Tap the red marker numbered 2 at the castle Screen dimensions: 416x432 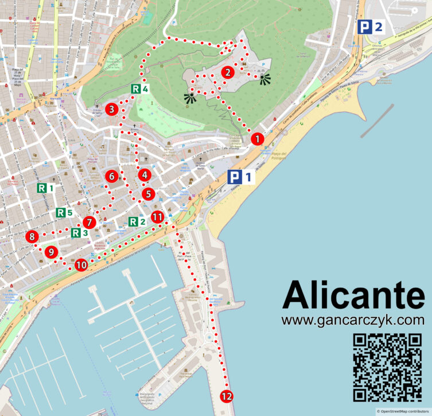pyautogui.click(x=228, y=72)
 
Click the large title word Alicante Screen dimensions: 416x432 pyautogui.click(x=353, y=296)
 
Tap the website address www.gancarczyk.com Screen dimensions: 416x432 pyautogui.click(x=353, y=320)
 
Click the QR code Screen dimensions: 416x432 pyautogui.click(x=387, y=367)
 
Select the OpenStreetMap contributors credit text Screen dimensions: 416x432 pyautogui.click(x=403, y=411)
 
